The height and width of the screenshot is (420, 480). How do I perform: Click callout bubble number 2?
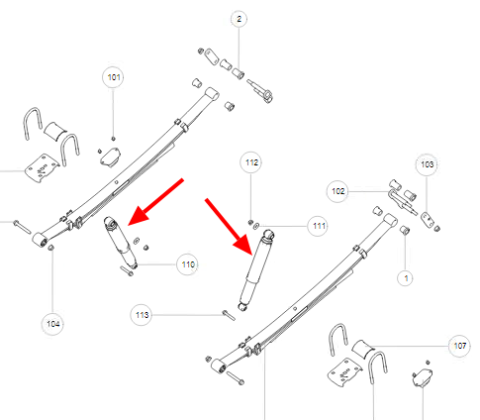(x=239, y=19)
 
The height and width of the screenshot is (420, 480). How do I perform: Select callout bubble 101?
(x=114, y=77)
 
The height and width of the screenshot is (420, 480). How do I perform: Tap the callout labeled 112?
(x=251, y=162)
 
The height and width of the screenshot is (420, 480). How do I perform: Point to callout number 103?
(x=427, y=164)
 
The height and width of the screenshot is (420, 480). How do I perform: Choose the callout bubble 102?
(x=337, y=191)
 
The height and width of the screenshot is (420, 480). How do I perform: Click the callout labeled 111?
(x=319, y=226)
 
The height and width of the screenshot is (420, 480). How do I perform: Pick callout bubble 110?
(x=188, y=264)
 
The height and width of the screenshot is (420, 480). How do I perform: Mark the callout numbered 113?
(x=142, y=315)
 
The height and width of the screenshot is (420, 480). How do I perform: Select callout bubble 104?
(x=52, y=324)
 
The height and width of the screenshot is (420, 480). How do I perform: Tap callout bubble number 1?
(x=406, y=278)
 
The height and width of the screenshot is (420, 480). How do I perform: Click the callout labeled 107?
(x=459, y=346)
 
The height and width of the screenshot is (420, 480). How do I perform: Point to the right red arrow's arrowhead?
(x=243, y=245)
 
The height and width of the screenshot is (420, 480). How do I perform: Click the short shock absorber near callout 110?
(x=120, y=243)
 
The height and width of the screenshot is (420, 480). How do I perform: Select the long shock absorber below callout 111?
(x=256, y=270)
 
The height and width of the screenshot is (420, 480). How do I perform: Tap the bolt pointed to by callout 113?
(x=229, y=315)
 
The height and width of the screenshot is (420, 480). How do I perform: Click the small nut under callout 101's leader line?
(x=113, y=139)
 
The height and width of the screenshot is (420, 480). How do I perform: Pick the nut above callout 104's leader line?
(x=51, y=248)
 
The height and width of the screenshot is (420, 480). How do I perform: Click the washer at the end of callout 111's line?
(x=256, y=226)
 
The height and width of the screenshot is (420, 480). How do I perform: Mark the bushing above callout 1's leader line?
(x=405, y=229)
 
